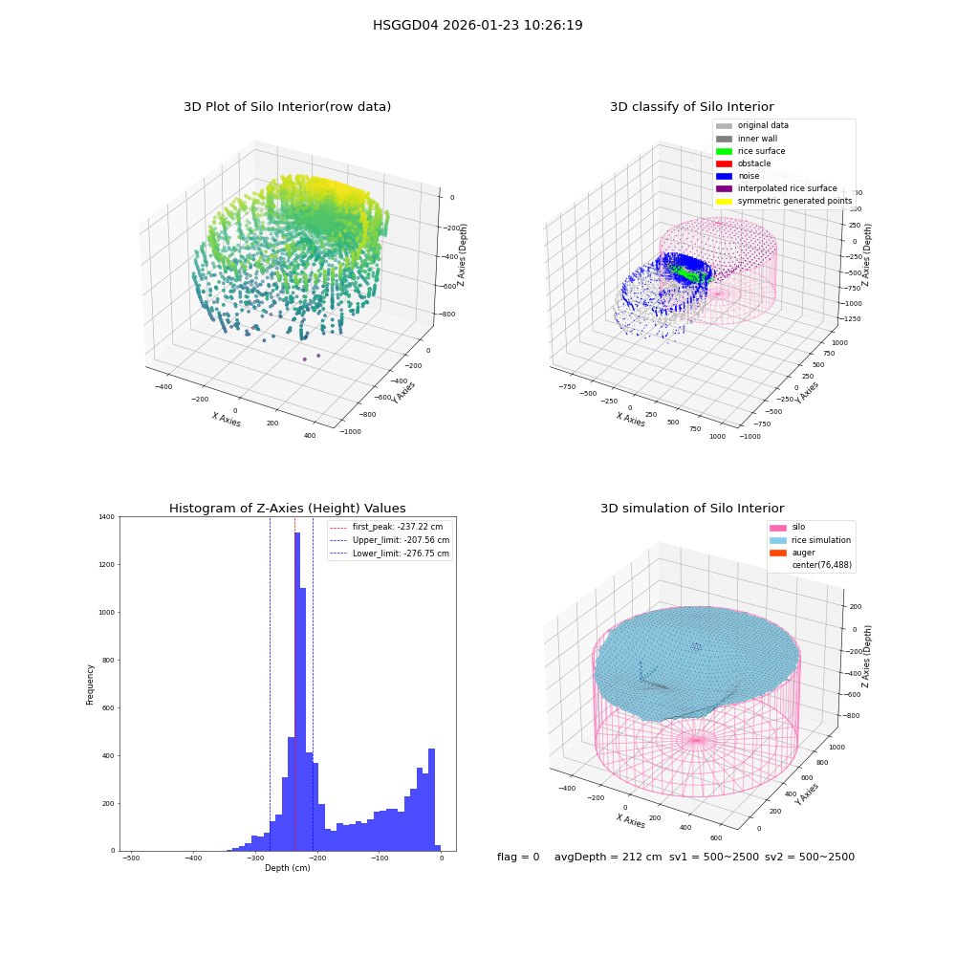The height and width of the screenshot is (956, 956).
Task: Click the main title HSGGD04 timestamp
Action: coord(477,25)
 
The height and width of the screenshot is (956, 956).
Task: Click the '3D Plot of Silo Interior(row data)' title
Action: coord(287,107)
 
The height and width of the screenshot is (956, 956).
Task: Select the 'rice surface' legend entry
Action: coord(750,151)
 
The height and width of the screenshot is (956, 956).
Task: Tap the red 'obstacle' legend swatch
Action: coord(724,163)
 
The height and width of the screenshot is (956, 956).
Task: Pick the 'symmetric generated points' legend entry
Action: coord(784,201)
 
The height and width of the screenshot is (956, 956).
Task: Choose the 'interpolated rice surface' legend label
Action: coord(787,188)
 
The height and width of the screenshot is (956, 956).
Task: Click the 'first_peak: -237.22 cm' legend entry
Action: coord(386,527)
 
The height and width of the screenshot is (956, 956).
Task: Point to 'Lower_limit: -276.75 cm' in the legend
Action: coord(390,554)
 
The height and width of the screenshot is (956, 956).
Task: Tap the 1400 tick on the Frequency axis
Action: coord(107,516)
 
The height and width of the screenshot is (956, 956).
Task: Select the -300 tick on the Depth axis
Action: coord(255,858)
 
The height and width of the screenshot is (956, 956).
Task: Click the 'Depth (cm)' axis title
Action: coord(287,868)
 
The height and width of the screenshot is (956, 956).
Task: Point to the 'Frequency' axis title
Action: coord(90,684)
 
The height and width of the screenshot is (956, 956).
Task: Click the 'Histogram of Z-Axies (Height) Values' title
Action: coord(287,509)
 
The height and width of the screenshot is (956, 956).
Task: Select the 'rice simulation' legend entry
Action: coord(811,539)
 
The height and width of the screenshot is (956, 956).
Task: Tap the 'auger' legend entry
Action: coord(793,553)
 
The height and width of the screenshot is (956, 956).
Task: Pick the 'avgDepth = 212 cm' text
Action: coord(608,857)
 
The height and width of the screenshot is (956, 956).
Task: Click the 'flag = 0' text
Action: coord(518,857)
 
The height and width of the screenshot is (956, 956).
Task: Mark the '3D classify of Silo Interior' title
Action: coord(692,107)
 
